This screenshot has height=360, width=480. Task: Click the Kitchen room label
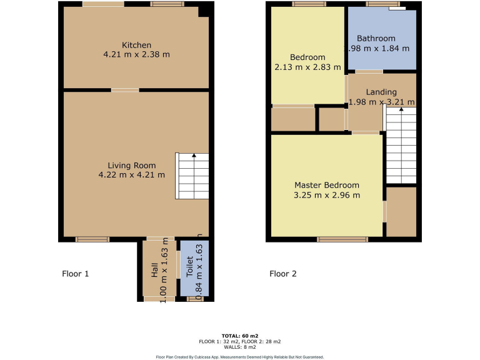136,45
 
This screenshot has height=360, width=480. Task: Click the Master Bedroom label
327,185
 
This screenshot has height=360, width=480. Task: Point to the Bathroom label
376,38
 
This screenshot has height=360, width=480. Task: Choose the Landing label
381,92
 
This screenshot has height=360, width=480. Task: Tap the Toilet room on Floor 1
194,269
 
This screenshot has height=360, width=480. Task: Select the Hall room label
154,269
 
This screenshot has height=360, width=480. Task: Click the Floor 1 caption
76,274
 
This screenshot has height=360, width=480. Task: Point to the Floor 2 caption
283,274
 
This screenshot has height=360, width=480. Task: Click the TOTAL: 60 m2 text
239,336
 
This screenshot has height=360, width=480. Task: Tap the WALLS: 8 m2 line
239,347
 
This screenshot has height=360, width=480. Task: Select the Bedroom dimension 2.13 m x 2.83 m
307,67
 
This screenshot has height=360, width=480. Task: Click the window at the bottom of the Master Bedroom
342,239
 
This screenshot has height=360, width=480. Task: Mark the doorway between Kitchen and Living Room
125,90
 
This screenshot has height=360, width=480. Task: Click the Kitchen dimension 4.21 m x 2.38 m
136,55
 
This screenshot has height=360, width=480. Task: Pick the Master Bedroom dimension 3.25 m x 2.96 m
327,195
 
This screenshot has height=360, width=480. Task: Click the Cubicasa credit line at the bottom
239,357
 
